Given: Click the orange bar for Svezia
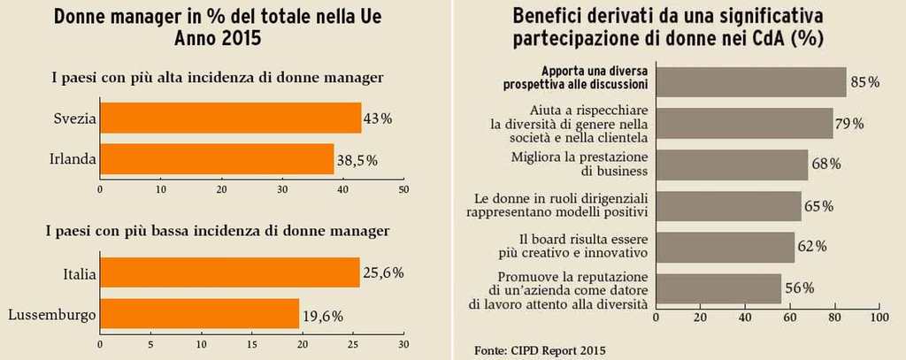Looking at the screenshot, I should pyautogui.click(x=230, y=118).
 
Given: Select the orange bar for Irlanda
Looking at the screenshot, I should pyautogui.click(x=217, y=159).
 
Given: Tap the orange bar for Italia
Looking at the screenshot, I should pyautogui.click(x=230, y=273).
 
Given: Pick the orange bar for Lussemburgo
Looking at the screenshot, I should pyautogui.click(x=199, y=314).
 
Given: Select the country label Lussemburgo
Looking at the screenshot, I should pyautogui.click(x=50, y=314).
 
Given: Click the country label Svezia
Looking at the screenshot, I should pyautogui.click(x=74, y=118).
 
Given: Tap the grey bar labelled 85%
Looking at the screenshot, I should pyautogui.click(x=751, y=82).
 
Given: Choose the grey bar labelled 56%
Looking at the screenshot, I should pyautogui.click(x=719, y=288).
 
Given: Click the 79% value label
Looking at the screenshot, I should pyautogui.click(x=850, y=124).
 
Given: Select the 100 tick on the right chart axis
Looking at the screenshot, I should pyautogui.click(x=879, y=317).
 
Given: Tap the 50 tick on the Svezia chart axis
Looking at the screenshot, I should pyautogui.click(x=403, y=188).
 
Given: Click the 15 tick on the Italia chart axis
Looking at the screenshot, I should pyautogui.click(x=252, y=344).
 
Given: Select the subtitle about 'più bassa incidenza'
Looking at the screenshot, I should pyautogui.click(x=218, y=231).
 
